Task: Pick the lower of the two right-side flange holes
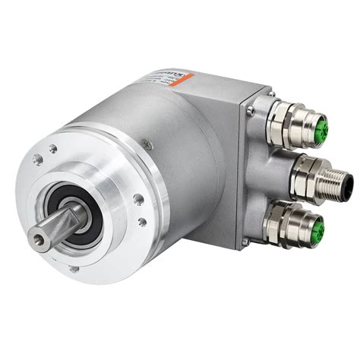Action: point(142,223)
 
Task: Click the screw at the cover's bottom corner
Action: point(245,242)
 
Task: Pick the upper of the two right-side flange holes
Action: point(138,199)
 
